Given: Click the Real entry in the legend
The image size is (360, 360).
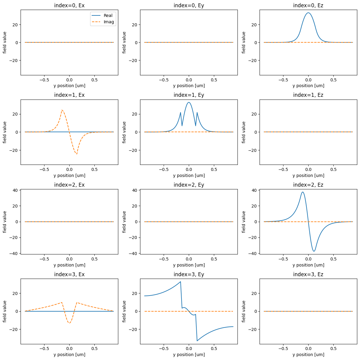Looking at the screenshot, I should click(108, 15).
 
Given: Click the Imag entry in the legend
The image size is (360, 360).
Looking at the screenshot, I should click(108, 22).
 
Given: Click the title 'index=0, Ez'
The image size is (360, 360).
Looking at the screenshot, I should click(308, 5).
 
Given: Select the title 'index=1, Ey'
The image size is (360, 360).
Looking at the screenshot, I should click(189, 95).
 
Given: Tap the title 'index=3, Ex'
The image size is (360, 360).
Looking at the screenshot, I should click(69, 274).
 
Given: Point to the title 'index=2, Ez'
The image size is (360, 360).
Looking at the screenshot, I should click(308, 185).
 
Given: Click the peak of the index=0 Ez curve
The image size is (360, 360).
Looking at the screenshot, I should click(308, 13).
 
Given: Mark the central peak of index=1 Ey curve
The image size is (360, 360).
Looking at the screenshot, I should click(189, 102).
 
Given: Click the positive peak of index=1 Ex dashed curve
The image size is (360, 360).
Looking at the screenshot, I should click(62, 110).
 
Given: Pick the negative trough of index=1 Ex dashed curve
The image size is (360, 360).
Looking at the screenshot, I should click(77, 154).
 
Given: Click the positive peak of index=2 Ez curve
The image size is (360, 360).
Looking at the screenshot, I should click(303, 192).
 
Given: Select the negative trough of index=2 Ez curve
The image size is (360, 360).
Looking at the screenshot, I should click(314, 251).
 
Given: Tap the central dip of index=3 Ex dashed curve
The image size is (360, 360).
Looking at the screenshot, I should click(69, 323).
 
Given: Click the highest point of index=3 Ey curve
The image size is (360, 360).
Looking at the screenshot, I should click(181, 282).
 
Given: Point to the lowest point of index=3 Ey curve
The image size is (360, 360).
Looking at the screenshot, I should click(197, 341).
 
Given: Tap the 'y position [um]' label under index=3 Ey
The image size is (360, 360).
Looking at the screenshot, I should click(189, 355).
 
